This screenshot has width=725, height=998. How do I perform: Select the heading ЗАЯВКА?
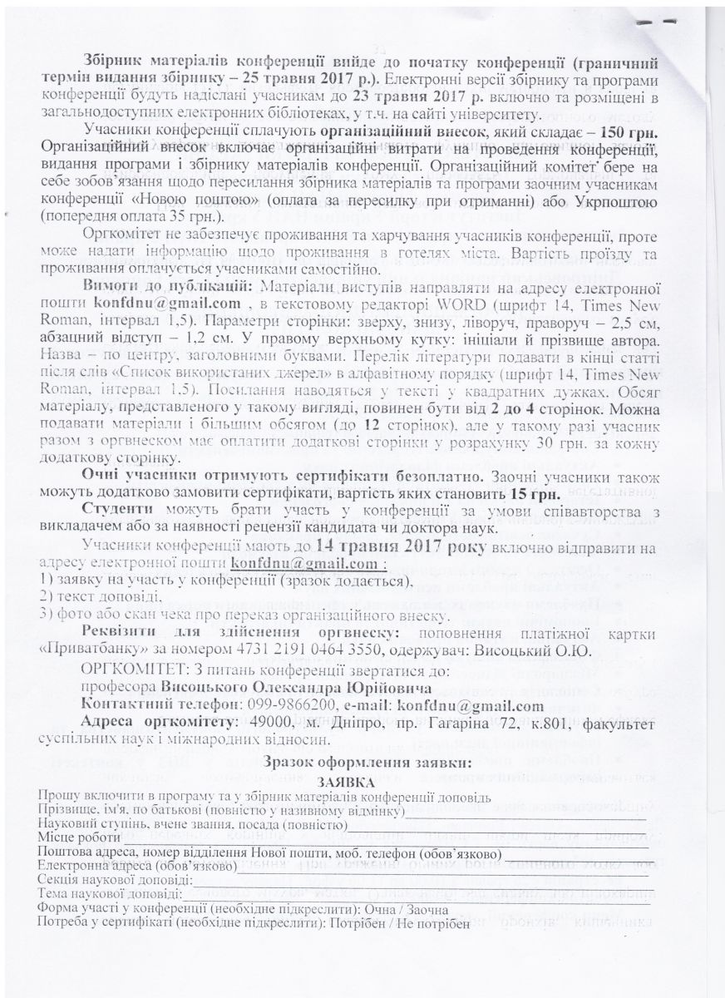[344, 782]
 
